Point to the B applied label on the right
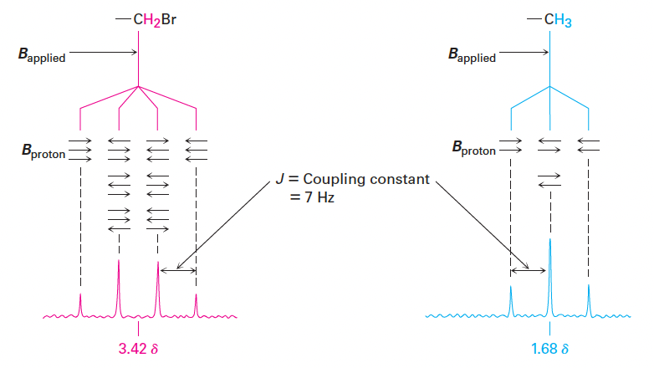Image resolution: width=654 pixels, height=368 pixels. [471, 56]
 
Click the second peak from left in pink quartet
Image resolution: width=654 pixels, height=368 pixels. [119, 284]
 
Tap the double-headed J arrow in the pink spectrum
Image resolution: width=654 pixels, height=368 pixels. [176, 269]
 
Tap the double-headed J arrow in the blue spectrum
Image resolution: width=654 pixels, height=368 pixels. [529, 269]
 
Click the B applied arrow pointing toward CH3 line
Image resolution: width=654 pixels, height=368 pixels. [524, 53]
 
